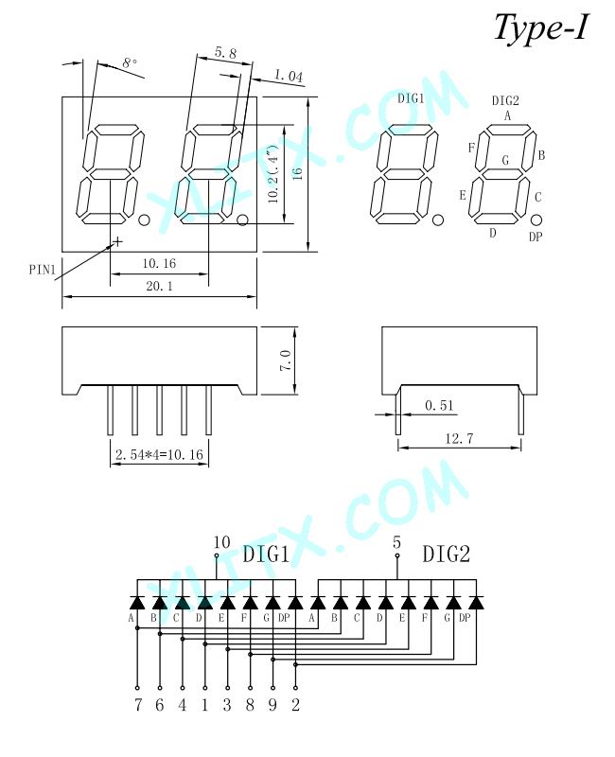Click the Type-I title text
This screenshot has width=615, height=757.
coord(541,28)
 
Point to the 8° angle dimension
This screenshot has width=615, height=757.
coord(130,62)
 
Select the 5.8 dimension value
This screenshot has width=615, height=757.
coord(225,52)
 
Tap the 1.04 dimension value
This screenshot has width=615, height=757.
coord(289,76)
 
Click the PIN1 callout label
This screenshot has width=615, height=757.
coord(43,270)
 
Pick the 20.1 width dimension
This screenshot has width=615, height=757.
coord(159,286)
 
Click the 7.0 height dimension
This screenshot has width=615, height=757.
coord(285,361)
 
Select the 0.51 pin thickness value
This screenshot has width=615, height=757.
coord(439,405)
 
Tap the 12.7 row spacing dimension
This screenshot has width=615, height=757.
coord(459,438)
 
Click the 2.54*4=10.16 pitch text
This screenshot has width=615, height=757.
coord(159,454)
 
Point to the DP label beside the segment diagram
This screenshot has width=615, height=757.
coord(536,237)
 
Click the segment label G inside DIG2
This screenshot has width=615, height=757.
coord(505,160)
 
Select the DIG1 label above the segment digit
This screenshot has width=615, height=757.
coord(411,98)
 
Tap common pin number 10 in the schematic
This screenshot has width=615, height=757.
coord(221,542)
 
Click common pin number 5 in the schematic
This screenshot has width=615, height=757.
coord(396,542)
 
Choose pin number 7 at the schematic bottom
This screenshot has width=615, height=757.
coord(138,705)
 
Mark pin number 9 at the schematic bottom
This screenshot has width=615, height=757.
coord(272,705)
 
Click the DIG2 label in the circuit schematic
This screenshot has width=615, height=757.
coord(446,554)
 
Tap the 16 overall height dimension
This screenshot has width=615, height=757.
coord(297,174)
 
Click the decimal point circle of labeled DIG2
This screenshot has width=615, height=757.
coord(536,220)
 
